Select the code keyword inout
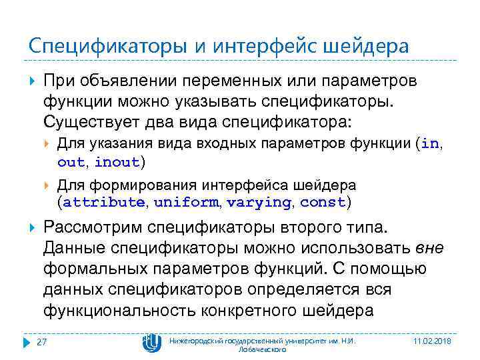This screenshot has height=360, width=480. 117,162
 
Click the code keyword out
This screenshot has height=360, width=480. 71,162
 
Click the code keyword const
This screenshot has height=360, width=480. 323,202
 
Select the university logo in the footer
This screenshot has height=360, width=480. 151,342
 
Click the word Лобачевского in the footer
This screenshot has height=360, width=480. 262,349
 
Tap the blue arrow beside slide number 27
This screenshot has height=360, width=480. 27,342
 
